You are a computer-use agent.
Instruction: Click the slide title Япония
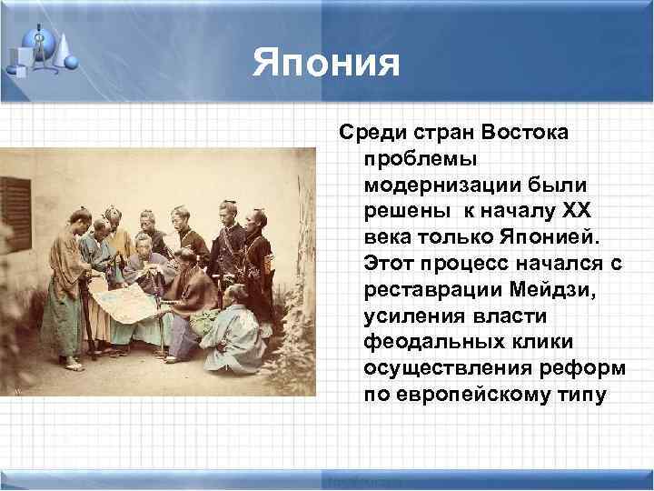click(x=326, y=63)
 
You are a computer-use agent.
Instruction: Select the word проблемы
click(x=409, y=158)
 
